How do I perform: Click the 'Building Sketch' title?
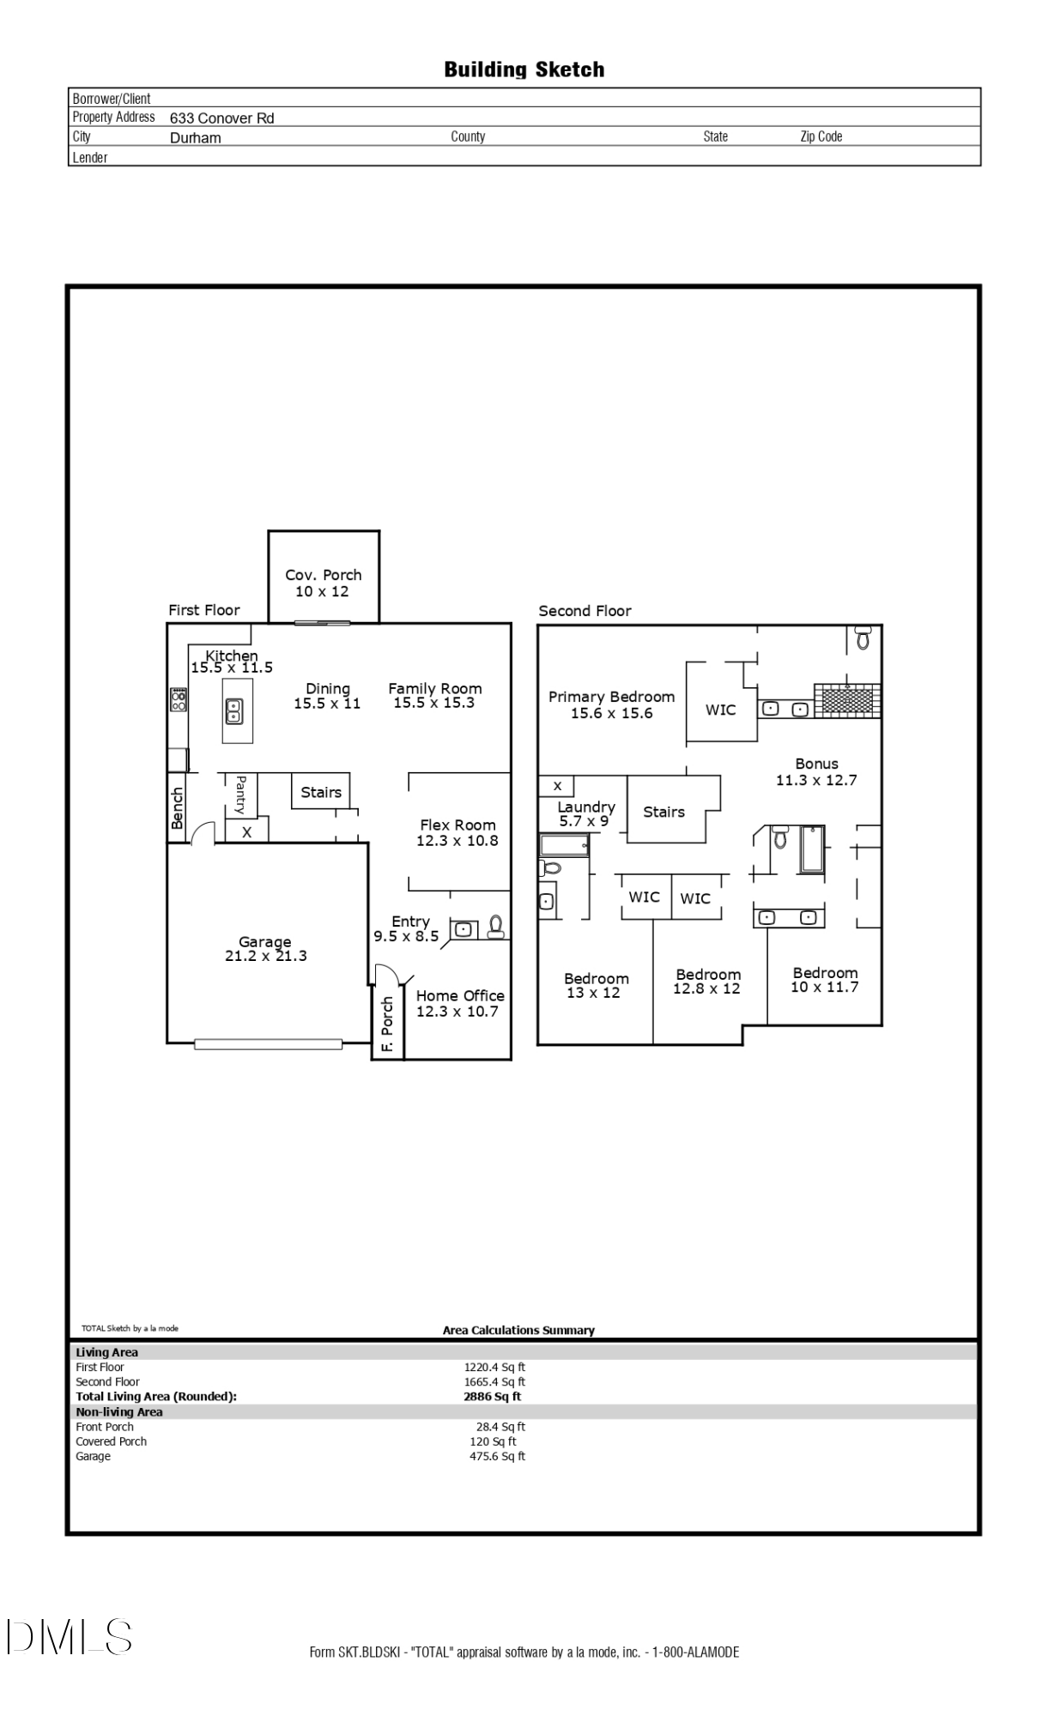524,69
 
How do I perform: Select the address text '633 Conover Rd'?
221,118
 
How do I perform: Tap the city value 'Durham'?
195,138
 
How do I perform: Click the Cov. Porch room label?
324,575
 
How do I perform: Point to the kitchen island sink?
233,710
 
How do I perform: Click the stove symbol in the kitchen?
179,700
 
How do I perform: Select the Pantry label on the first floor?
241,795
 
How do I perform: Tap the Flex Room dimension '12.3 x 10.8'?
457,841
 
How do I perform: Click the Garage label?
265,941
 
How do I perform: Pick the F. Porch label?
387,1024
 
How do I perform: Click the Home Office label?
460,995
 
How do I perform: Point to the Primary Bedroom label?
611,697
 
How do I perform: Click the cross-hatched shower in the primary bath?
847,700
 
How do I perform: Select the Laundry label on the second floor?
586,807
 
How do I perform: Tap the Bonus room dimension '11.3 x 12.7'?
816,780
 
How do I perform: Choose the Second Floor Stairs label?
663,812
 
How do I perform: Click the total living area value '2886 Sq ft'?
492,1396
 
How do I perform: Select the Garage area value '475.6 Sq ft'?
497,1456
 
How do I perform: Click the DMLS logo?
70,1636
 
